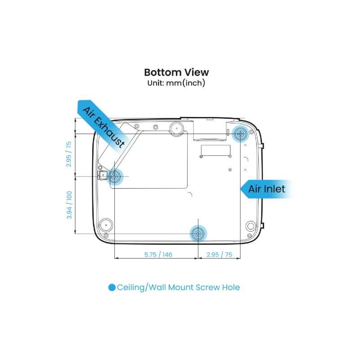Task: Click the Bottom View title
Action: [176, 72]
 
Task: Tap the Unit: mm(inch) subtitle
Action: [176, 83]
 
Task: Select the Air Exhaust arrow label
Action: [103, 126]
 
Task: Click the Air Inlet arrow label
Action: [267, 189]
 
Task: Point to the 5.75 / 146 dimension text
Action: [158, 255]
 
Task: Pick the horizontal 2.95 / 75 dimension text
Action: [219, 255]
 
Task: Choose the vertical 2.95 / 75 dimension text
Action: [69, 154]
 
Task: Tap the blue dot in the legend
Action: [112, 288]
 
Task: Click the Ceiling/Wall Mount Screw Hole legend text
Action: [178, 288]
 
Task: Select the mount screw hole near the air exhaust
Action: [115, 176]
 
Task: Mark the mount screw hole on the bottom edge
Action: [198, 234]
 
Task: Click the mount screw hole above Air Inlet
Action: [240, 134]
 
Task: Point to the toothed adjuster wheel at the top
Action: [177, 129]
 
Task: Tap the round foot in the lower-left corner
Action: [106, 225]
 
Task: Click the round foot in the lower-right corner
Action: [251, 226]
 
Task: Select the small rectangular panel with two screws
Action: [216, 151]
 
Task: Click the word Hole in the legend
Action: [231, 288]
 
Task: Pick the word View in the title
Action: [197, 72]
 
